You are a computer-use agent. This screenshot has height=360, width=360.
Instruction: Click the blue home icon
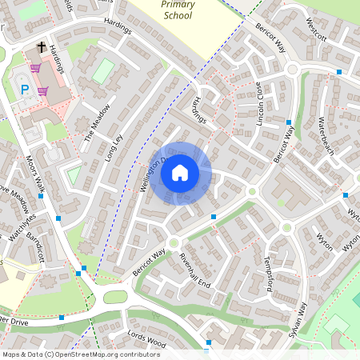tap(180, 174)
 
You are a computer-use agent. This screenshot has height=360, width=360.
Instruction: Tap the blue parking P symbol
tap(25, 89)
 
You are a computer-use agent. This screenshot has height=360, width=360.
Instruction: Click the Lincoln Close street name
tap(260, 100)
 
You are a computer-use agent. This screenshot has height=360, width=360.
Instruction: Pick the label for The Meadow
tap(94, 125)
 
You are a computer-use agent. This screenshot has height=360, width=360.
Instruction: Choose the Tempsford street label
tap(270, 274)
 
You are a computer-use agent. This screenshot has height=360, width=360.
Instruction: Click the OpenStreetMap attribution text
tap(80, 354)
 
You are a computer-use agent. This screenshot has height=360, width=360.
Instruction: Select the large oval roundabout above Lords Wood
tap(115, 297)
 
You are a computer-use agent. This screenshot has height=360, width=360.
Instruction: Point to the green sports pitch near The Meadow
tap(103, 70)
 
